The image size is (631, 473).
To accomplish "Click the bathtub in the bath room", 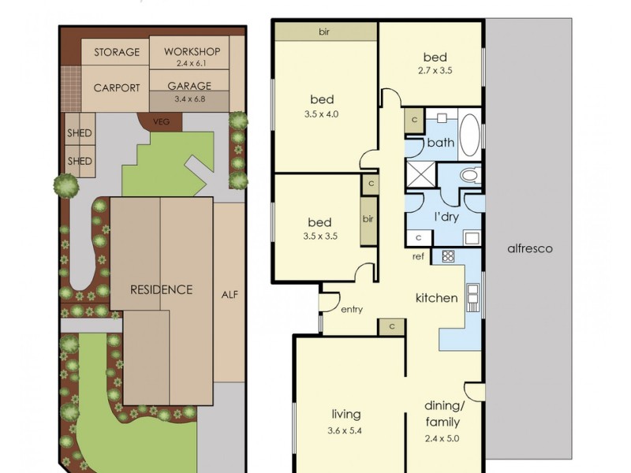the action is (469, 136).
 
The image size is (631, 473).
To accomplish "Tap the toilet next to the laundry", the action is (469, 174).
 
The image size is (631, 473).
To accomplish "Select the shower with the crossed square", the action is (421, 173).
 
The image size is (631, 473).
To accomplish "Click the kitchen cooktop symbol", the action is (448, 256).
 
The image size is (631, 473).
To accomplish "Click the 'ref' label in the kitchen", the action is (418, 256).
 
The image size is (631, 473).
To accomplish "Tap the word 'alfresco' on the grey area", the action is (530, 248).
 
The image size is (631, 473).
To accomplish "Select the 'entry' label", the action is (352, 310).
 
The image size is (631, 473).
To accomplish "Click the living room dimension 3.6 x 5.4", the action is (345, 430).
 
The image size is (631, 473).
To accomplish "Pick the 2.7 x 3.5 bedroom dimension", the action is (435, 70).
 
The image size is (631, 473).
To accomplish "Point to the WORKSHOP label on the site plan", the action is (192, 51).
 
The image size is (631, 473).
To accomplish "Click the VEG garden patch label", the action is (161, 121).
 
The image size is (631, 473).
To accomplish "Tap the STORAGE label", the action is (117, 52).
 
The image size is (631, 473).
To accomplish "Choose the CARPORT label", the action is (117, 88).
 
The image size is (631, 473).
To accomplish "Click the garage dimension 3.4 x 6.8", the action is (189, 99).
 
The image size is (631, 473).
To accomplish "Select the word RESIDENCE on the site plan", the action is (162, 289).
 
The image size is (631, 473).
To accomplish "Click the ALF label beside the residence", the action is (230, 295).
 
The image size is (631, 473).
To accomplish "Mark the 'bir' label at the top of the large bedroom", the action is (324, 32).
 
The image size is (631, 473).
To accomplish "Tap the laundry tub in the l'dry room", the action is (472, 238).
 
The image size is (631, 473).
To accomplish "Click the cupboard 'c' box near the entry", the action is (391, 326).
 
